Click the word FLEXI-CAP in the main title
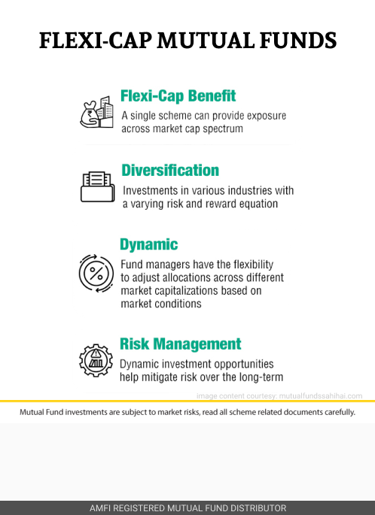(x=96, y=41)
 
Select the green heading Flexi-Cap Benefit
(x=178, y=96)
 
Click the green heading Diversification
(x=170, y=171)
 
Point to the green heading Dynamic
(x=148, y=244)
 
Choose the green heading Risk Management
(x=180, y=344)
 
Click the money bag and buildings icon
(x=96, y=112)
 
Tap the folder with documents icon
(x=98, y=186)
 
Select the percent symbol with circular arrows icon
(x=96, y=273)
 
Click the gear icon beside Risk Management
(x=96, y=360)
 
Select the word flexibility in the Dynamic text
(x=253, y=265)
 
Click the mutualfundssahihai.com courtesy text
(x=321, y=396)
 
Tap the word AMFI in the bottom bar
(x=99, y=508)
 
